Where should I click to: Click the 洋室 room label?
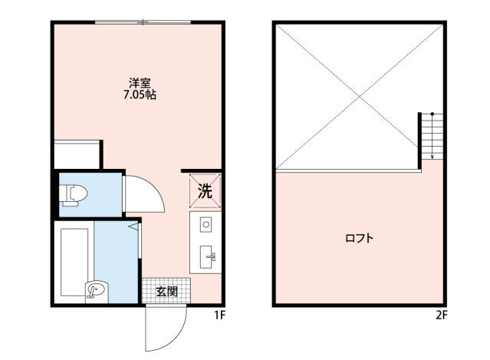click(138, 83)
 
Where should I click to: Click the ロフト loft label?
click(359, 239)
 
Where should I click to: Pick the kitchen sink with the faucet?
click(207, 257)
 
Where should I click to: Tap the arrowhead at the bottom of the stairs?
click(432, 157)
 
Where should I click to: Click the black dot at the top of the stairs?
click(432, 114)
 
